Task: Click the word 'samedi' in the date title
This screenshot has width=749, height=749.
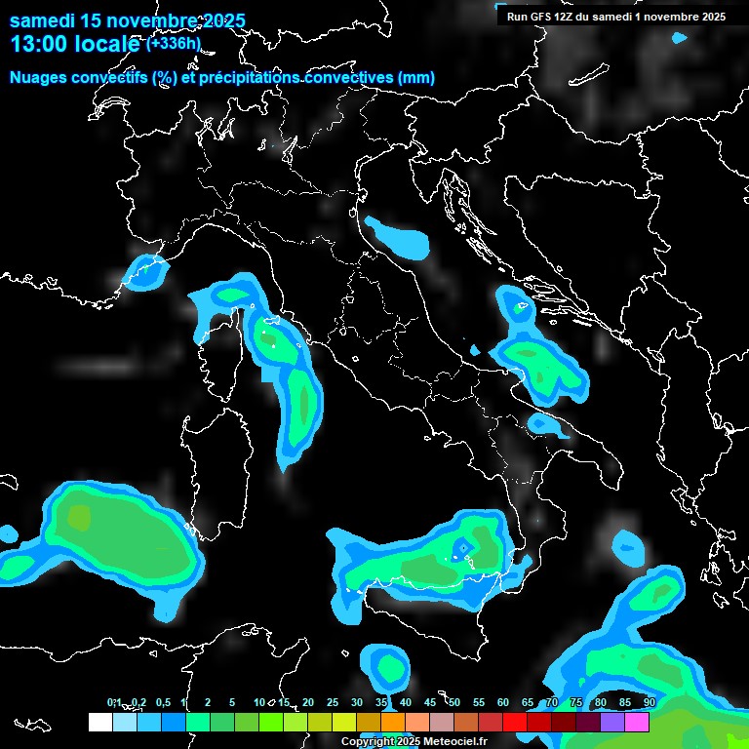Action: [41, 20]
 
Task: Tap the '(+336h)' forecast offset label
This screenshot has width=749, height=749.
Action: [174, 43]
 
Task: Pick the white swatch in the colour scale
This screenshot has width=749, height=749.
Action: [99, 722]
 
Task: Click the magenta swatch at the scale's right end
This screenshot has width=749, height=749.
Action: [637, 722]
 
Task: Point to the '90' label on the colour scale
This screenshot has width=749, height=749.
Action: [650, 703]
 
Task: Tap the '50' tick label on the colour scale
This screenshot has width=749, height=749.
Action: [454, 703]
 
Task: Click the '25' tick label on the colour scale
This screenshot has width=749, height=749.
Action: [333, 703]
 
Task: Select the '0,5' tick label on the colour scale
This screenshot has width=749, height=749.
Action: [162, 703]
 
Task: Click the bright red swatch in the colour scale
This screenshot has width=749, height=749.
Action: [515, 722]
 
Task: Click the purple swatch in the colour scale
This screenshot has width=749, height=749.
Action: [612, 722]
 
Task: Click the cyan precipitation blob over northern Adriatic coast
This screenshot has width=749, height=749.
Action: [398, 238]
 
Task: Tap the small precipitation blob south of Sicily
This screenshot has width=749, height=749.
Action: [390, 666]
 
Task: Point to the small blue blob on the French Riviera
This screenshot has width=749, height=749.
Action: [144, 272]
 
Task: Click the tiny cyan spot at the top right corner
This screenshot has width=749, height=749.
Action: [679, 38]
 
